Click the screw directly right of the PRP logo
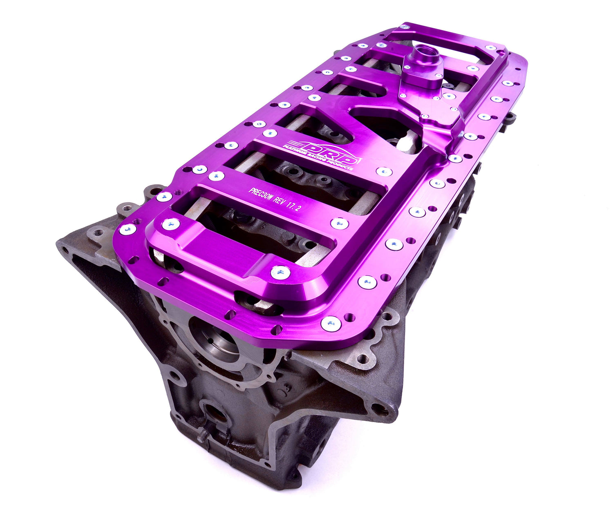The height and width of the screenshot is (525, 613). [384, 172]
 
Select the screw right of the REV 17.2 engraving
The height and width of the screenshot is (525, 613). [339, 223]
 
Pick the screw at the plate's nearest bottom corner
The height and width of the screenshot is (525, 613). [331, 324]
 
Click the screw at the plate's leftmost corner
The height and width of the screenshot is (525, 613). [128, 229]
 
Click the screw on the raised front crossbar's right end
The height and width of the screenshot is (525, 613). [280, 272]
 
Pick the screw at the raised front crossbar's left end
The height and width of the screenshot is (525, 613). [170, 223]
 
